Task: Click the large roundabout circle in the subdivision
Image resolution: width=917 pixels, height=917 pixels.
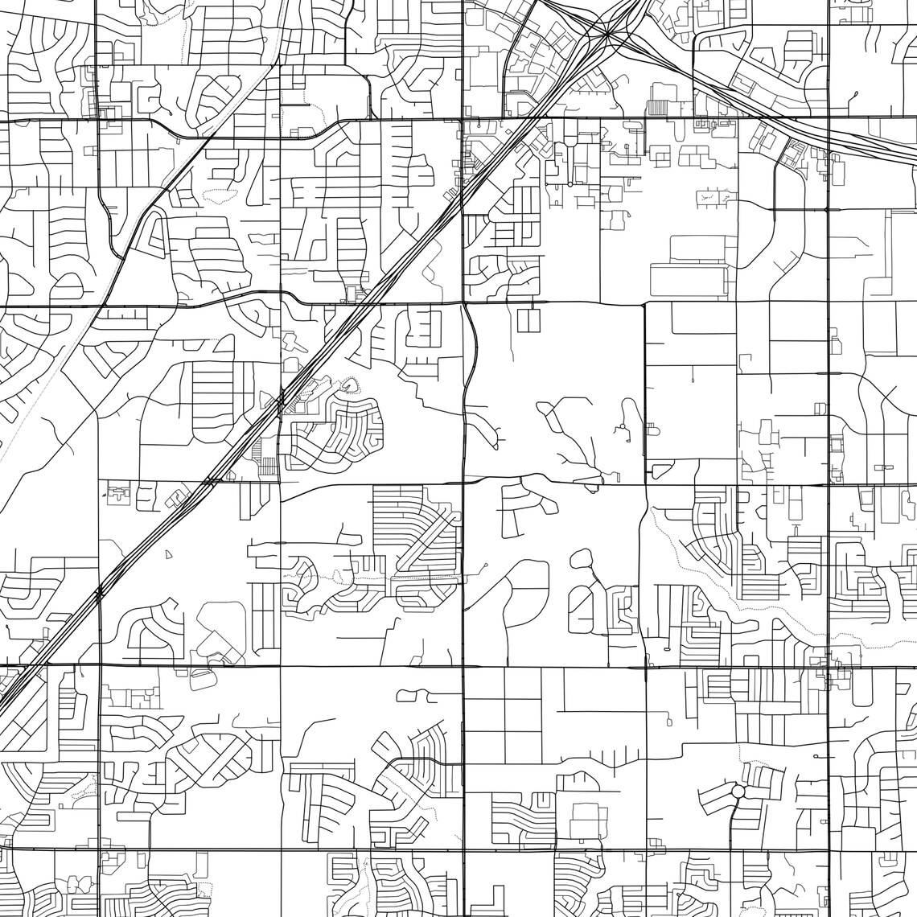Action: pos(738,792)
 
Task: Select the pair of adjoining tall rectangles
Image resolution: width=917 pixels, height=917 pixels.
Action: pos(529,322)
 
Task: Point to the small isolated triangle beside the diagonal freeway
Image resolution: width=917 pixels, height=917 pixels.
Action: pos(167,554)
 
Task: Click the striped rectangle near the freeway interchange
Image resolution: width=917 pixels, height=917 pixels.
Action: pos(658,106)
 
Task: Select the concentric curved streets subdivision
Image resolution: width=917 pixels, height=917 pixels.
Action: pos(338,434)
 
